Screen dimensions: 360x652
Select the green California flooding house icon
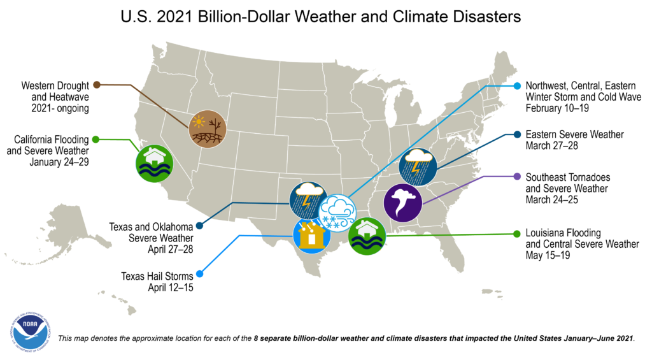click(154, 163)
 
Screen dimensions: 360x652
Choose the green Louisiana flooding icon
click(367, 235)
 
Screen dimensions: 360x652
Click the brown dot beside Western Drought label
click(97, 84)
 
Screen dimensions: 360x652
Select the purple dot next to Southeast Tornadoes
click(518, 176)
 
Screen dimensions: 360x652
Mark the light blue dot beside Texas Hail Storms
click(199, 275)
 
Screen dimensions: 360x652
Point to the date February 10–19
click(556, 108)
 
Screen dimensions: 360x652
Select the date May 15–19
click(548, 255)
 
